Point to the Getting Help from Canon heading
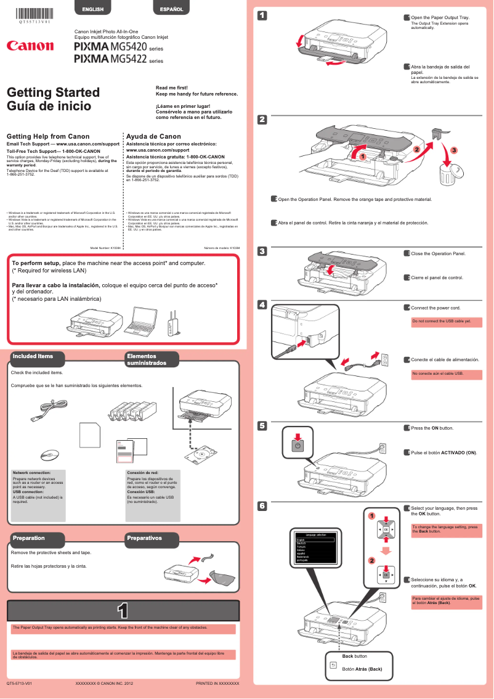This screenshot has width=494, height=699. pyautogui.click(x=47, y=136)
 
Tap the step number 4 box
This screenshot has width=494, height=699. pyautogui.click(x=262, y=305)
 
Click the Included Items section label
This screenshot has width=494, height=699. pyautogui.click(x=33, y=356)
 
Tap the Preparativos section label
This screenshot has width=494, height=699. pyautogui.click(x=144, y=538)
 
